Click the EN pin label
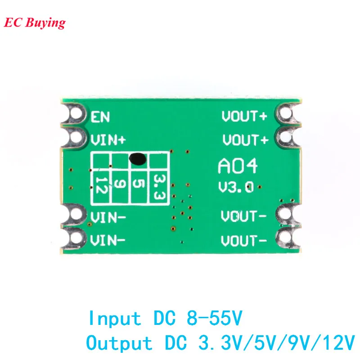(x=101, y=118)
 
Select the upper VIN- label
(x=108, y=218)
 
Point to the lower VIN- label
(x=108, y=240)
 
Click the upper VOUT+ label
(x=244, y=117)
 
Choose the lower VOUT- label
(x=244, y=241)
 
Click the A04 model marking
(x=238, y=166)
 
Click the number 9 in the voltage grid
(x=120, y=184)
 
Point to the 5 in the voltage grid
(x=139, y=184)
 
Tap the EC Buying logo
(x=35, y=23)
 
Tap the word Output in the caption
(x=119, y=343)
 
